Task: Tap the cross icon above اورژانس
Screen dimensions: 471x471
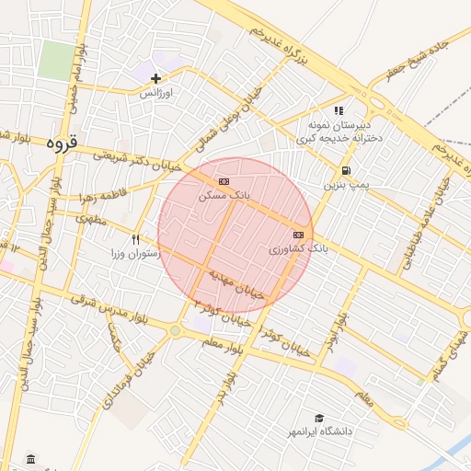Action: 156,78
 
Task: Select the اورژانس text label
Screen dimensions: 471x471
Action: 156,93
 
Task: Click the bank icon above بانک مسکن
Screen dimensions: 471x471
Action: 224,182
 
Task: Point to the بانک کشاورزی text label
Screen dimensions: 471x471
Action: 299,248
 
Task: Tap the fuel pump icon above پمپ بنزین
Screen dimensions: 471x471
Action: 345,170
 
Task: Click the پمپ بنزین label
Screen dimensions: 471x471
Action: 345,185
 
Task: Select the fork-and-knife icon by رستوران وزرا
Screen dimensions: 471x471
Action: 136,239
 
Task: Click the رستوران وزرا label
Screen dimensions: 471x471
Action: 136,253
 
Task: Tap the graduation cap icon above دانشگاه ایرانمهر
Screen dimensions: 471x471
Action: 319,417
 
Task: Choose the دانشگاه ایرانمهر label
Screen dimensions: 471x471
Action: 319,431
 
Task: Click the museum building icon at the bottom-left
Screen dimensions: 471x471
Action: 31,458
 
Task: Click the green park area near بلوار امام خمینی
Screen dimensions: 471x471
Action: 56,60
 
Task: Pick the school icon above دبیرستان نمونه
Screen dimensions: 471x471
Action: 339,110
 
